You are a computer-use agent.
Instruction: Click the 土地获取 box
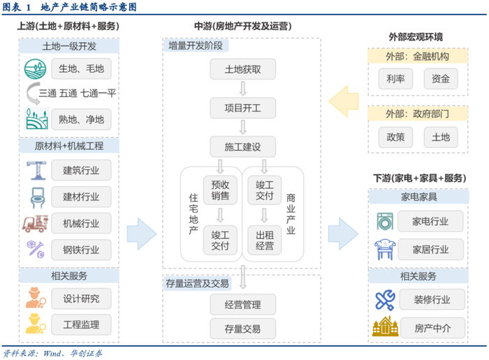pyautogui.click(x=242, y=69)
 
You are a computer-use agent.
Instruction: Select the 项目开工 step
pyautogui.click(x=242, y=108)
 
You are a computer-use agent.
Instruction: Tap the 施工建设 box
pyautogui.click(x=242, y=147)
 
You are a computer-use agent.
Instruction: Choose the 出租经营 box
pyautogui.click(x=264, y=240)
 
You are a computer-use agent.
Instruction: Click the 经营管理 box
pyautogui.click(x=242, y=305)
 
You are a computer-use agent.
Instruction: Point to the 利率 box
pyautogui.click(x=395, y=79)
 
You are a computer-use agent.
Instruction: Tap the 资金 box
pyautogui.click(x=441, y=79)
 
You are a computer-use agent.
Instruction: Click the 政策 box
pyautogui.click(x=395, y=136)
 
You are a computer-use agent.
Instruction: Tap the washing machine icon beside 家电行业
pyautogui.click(x=384, y=222)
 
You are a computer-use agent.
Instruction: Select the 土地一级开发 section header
pyautogui.click(x=69, y=47)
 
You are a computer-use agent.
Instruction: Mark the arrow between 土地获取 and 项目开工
pyautogui.click(x=242, y=89)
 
